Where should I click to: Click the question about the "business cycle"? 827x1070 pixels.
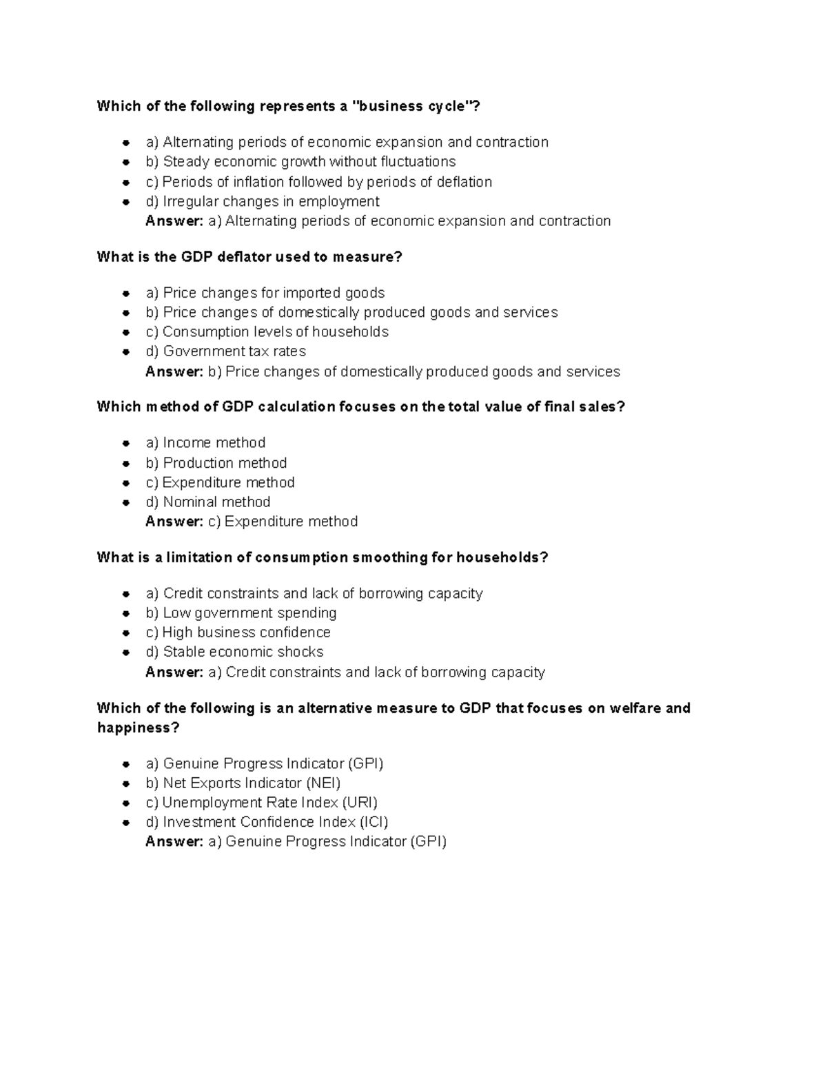coord(288,106)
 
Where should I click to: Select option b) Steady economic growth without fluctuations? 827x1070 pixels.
coord(300,162)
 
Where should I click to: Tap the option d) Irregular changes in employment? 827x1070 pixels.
coord(263,202)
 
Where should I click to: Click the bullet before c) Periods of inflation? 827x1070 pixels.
coord(126,183)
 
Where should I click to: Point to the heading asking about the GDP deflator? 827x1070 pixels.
coord(249,257)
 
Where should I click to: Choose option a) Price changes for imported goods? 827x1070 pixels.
coord(265,294)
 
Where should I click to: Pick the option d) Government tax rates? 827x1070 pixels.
coord(226,351)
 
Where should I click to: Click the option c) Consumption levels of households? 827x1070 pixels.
coord(267,332)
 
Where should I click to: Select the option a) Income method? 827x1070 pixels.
coord(205,443)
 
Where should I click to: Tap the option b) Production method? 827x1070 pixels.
coord(216,463)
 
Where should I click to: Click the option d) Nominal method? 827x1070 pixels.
coord(208,502)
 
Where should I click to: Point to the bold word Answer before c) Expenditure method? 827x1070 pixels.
coord(174,522)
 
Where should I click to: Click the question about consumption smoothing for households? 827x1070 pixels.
coord(322,557)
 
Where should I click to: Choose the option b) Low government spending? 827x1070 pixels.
coord(241,613)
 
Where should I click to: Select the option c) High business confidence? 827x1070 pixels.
coord(238,632)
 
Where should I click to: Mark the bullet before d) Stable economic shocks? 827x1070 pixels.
coord(126,652)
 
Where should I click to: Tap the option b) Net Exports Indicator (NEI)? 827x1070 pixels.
coord(243,783)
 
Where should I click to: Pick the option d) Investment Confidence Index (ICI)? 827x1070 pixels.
coord(267,822)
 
